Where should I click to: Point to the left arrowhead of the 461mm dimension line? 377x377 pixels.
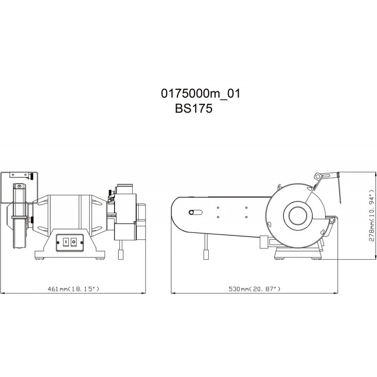coord(2,293)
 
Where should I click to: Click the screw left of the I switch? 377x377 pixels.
coord(59,242)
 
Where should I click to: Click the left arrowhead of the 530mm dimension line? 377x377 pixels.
coord(172,293)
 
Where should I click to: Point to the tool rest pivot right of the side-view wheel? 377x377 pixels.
coord(332,219)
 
